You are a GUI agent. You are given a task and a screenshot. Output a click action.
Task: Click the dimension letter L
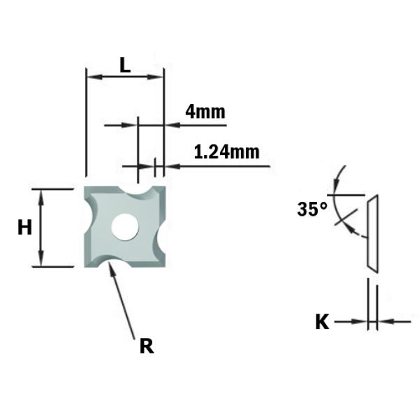point(124,65)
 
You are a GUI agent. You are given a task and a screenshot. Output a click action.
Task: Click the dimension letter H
point(24,227)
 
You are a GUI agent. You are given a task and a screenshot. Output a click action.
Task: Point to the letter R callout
point(146,346)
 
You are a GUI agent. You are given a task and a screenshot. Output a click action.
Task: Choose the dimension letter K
point(322,322)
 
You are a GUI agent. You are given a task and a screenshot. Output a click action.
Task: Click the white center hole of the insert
point(125,226)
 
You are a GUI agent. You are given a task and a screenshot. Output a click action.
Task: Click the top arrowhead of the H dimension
point(41,193)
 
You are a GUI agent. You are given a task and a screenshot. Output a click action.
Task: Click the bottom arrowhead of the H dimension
point(41,261)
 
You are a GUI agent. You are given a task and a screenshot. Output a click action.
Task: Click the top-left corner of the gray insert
point(87,189)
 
